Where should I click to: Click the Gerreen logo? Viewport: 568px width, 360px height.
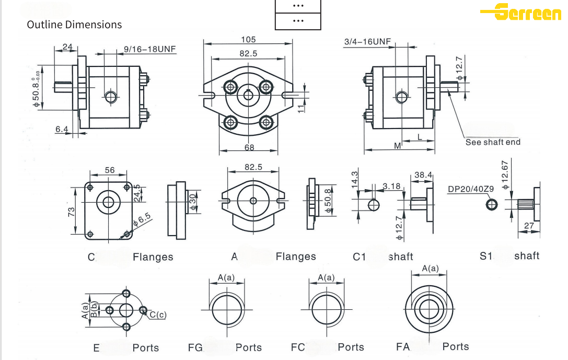pos(523,12)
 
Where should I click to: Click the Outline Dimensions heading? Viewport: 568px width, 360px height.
pos(74,25)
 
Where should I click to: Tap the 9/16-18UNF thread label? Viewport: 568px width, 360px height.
pos(149,49)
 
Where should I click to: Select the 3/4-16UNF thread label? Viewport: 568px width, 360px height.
pos(367,42)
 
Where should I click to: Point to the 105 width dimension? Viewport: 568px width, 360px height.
pos(248,40)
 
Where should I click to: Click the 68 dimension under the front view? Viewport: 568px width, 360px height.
pos(249,148)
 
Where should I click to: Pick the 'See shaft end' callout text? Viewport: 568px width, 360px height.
pos(493,142)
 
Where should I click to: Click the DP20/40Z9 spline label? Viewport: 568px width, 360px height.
pos(471,189)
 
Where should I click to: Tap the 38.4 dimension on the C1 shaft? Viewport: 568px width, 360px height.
pos(423,175)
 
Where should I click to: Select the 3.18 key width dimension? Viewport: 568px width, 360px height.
pos(391,186)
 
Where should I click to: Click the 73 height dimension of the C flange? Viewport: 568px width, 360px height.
pos(72,212)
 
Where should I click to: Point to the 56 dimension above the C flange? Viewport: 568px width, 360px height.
pos(110,170)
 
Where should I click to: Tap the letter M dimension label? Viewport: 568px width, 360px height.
pos(397,146)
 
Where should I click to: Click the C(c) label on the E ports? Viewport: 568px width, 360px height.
pos(158,315)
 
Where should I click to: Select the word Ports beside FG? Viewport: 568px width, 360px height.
pos(248,347)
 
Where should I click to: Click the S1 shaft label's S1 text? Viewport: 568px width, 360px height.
pos(486,256)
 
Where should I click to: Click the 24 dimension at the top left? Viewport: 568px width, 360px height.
pos(67,47)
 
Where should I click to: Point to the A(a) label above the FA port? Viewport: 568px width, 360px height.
pos(430,268)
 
